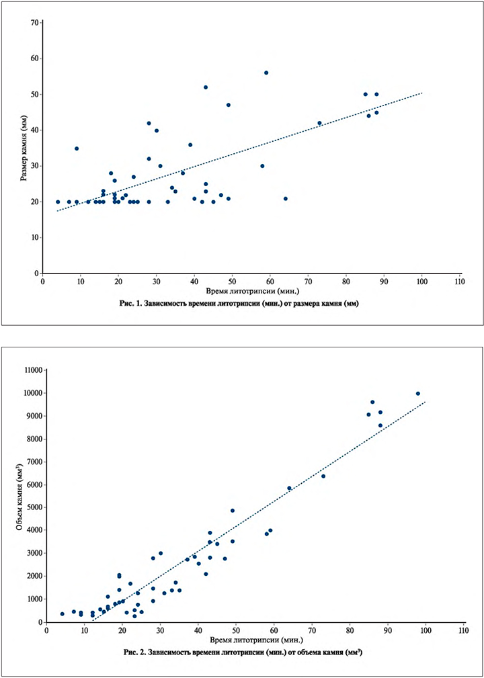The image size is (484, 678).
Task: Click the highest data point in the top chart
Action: pos(266,73)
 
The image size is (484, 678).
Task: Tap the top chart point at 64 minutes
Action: pos(286,198)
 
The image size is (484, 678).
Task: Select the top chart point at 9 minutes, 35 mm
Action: pos(77,149)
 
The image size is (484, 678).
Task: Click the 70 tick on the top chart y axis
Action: pos(33,23)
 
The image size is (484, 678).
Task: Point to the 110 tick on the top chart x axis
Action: pos(460,282)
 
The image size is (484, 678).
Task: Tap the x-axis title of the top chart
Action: pos(253,292)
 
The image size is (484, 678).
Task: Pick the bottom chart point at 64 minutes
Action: pos(289,489)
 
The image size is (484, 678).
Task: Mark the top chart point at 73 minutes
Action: pos(320,123)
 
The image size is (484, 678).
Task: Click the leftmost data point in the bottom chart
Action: pos(62,613)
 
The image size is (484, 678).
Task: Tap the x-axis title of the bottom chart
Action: pos(255,640)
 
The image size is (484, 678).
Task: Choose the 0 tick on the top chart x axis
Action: pos(42,282)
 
